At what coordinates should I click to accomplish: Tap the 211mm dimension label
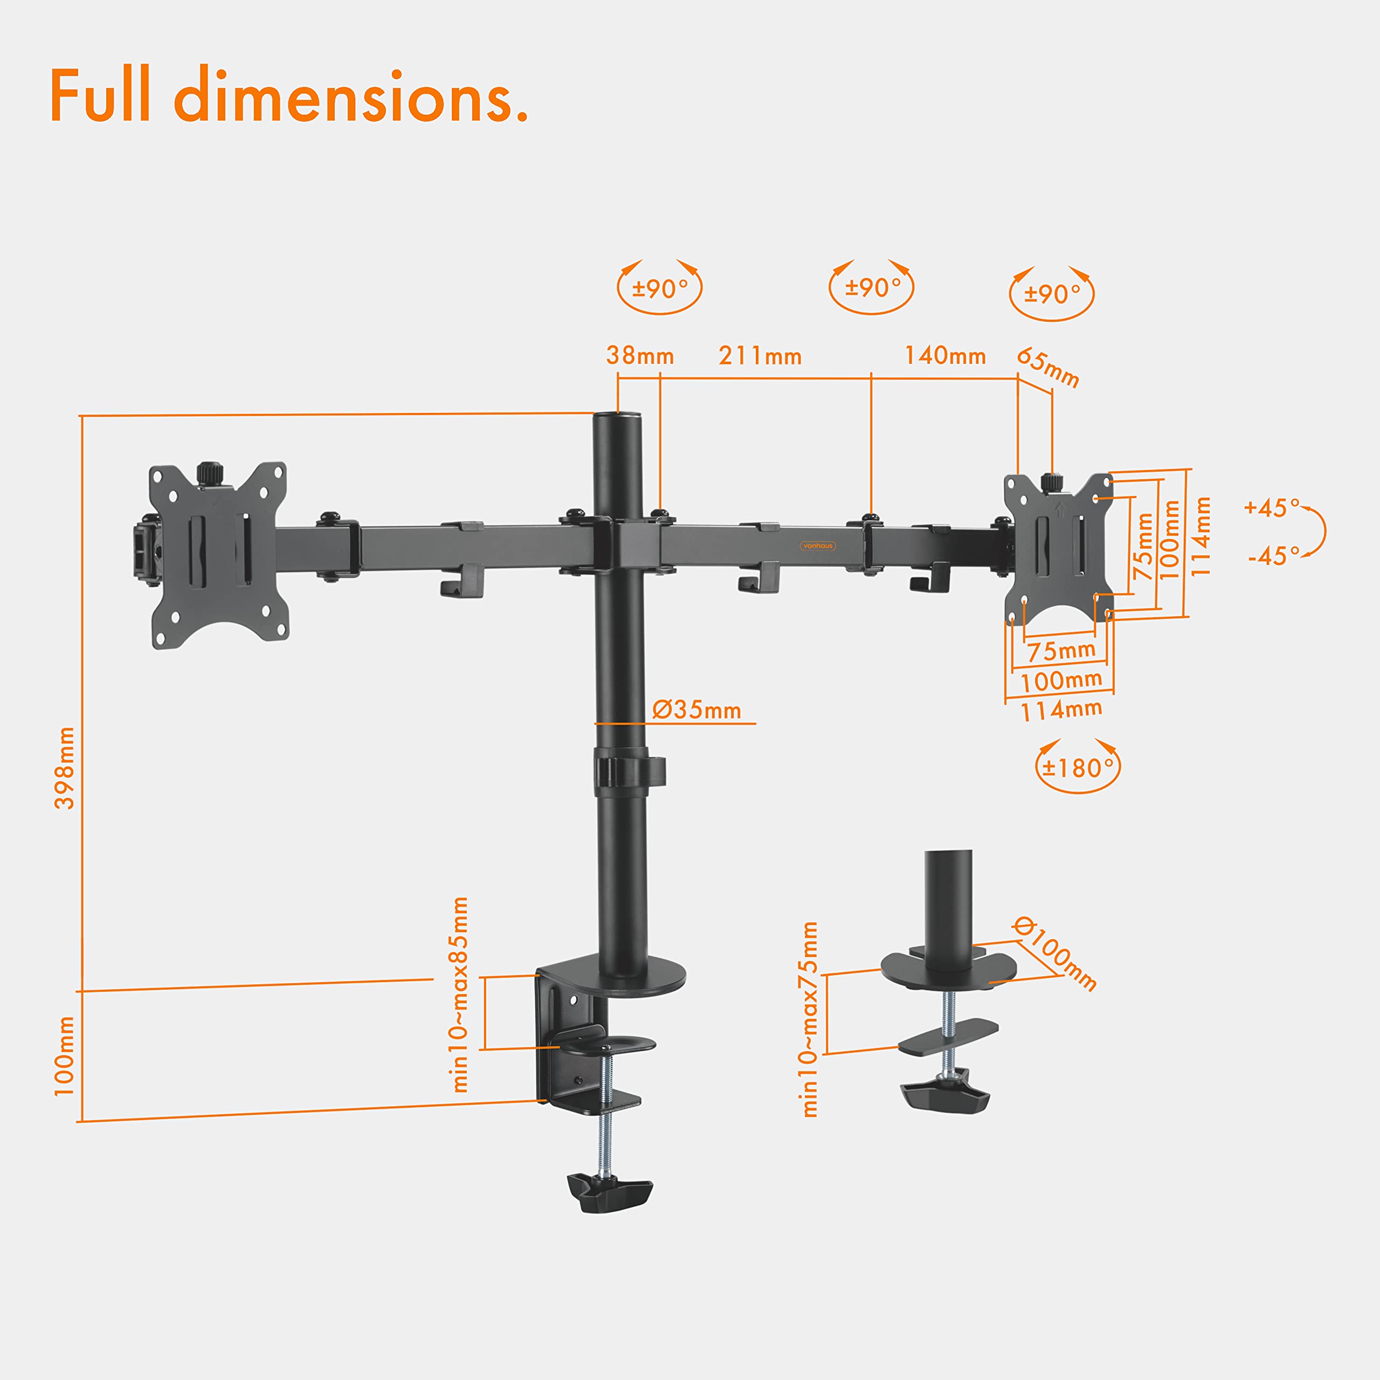[760, 356]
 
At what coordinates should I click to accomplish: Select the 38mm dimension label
[640, 355]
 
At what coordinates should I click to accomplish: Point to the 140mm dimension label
[945, 355]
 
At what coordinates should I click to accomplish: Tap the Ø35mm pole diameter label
[696, 710]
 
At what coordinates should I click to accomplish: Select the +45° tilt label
[1272, 508]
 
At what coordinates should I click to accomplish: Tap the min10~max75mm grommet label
[809, 1019]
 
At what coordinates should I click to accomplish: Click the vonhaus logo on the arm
[817, 546]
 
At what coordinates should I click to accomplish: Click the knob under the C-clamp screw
[609, 1192]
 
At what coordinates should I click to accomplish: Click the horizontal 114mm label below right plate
[1061, 710]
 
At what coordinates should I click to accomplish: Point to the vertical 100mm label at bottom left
[64, 1055]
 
